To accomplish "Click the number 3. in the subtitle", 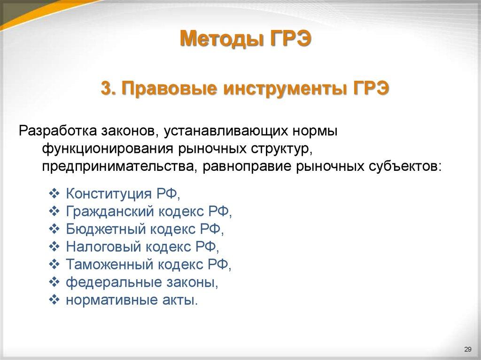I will pyautogui.click(x=109, y=87).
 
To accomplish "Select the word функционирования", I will pyautogui.click(x=108, y=149).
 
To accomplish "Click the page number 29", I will pyautogui.click(x=467, y=349).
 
